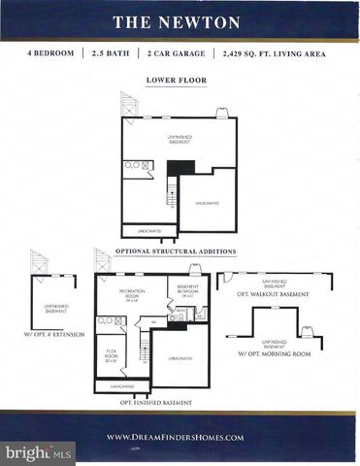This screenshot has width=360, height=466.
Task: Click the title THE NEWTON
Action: tap(180, 21)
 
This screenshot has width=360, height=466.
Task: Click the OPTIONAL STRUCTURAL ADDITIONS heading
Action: tap(176, 250)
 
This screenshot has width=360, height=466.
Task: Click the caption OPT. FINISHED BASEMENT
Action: tap(152, 401)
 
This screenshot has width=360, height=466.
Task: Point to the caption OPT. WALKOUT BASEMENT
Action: tap(274, 294)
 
